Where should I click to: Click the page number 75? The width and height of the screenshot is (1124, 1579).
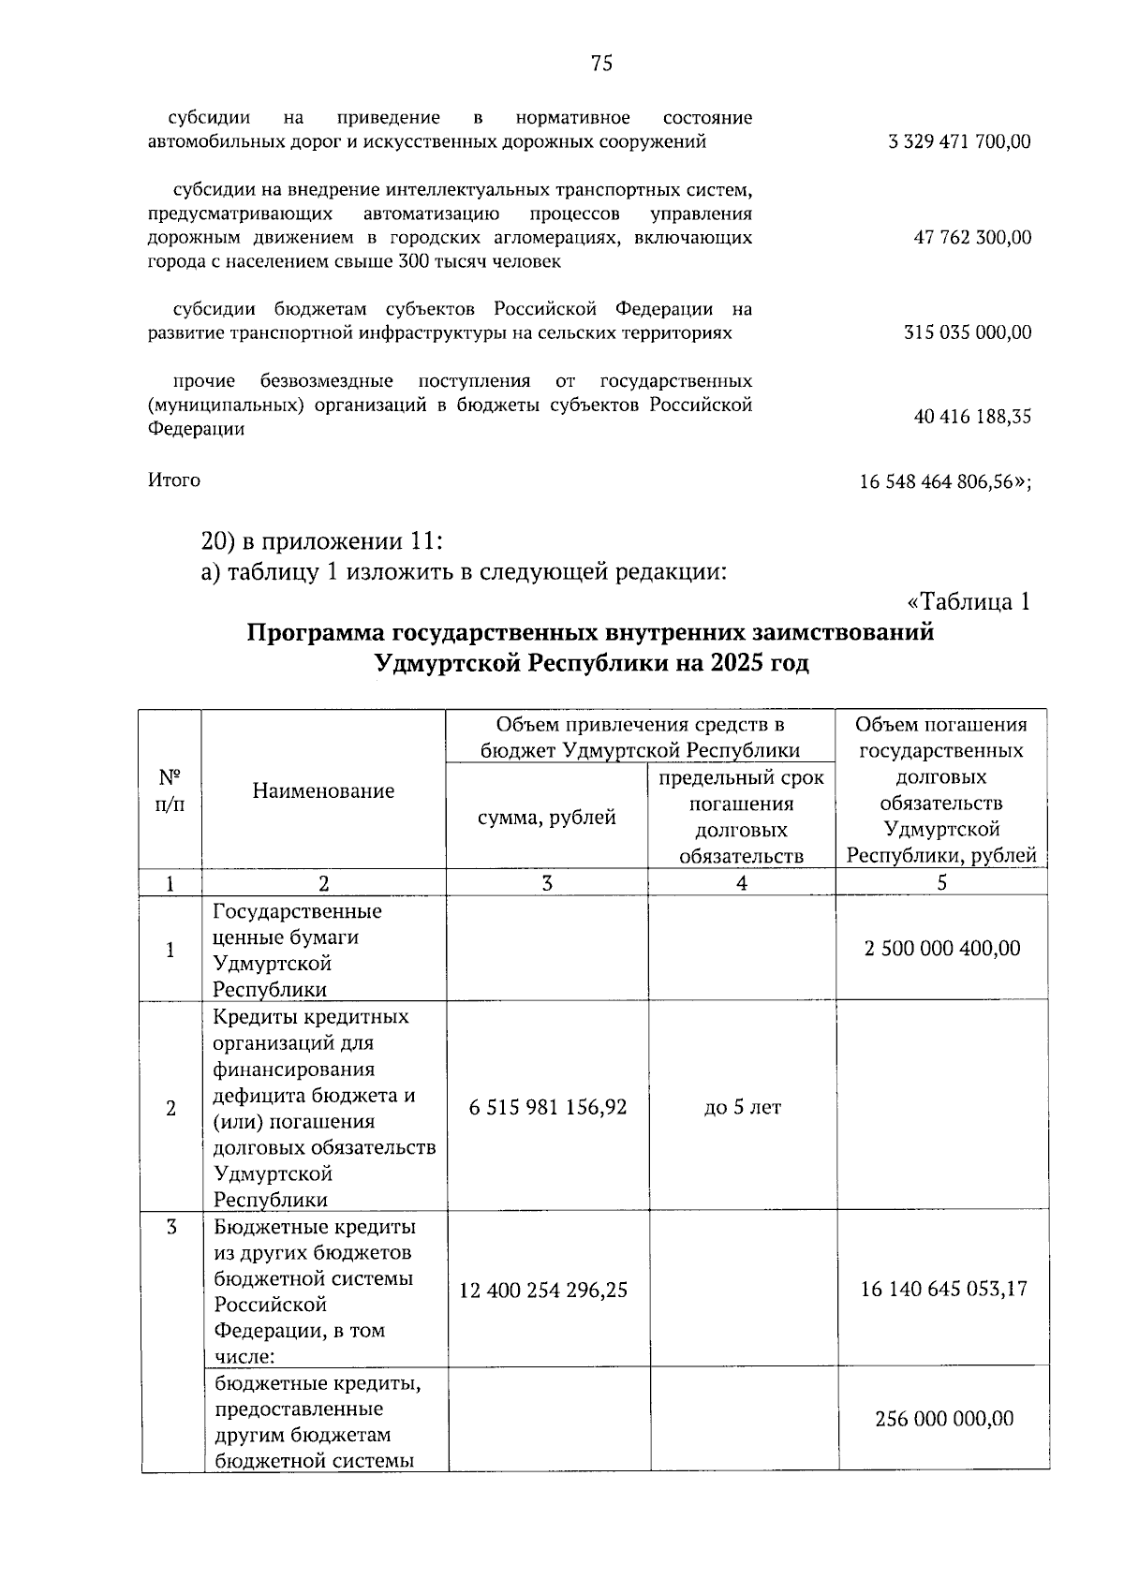pyautogui.click(x=602, y=63)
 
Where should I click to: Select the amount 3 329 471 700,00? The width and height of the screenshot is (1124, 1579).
pyautogui.click(x=959, y=142)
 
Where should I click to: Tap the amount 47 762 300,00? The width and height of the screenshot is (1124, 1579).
pyautogui.click(x=972, y=238)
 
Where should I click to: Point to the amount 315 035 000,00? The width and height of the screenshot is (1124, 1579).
pyautogui.click(x=968, y=333)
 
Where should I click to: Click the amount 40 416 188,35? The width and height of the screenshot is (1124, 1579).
pyautogui.click(x=972, y=417)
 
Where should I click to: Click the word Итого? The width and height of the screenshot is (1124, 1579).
pyautogui.click(x=174, y=480)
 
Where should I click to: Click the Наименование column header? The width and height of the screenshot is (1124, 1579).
pyautogui.click(x=323, y=791)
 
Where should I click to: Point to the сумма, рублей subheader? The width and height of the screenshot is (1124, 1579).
pyautogui.click(x=547, y=818)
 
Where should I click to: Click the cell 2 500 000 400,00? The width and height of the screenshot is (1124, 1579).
pyautogui.click(x=942, y=949)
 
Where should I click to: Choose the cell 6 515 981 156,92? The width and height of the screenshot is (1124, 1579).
pyautogui.click(x=548, y=1108)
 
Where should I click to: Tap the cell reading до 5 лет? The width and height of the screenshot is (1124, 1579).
pyautogui.click(x=742, y=1108)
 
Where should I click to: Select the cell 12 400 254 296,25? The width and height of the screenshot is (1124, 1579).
pyautogui.click(x=543, y=1291)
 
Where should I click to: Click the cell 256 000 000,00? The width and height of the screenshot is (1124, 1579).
pyautogui.click(x=944, y=1419)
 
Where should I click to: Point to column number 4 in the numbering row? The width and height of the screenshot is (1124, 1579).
pyautogui.click(x=742, y=882)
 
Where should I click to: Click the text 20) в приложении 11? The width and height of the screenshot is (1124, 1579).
pyautogui.click(x=321, y=542)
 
